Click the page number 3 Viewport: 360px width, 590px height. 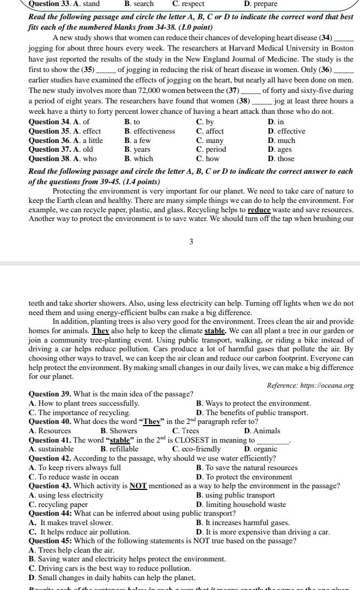[190, 242]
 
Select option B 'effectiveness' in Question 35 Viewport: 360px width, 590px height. [149, 131]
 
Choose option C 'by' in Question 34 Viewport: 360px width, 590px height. [204, 122]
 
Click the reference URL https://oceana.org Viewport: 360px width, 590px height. [329, 385]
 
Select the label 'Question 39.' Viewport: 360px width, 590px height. [47, 394]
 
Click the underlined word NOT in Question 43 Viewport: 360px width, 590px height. [137, 486]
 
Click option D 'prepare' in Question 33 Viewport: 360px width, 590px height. [261, 4]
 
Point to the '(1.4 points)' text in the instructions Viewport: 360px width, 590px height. [142, 181]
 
